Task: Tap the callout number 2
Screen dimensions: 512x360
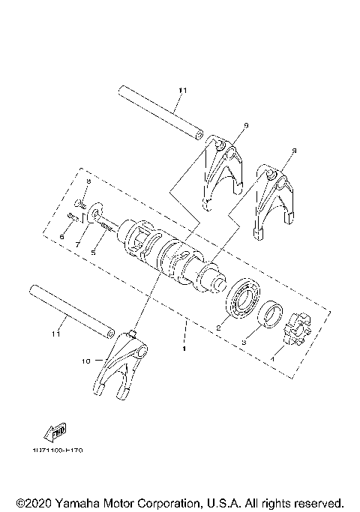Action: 217,328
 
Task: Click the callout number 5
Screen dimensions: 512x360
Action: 93,253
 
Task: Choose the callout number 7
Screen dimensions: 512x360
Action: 77,244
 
